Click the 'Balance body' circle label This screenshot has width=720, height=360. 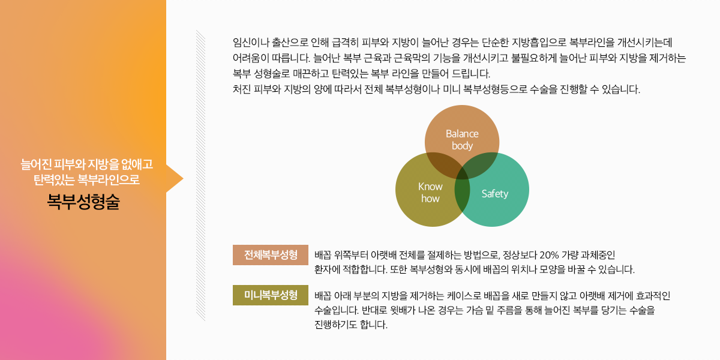pyautogui.click(x=462, y=139)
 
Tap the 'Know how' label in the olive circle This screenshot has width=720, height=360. pyautogui.click(x=430, y=193)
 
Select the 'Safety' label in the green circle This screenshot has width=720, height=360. pyautogui.click(x=494, y=193)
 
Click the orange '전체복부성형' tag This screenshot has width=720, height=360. pyautogui.click(x=271, y=255)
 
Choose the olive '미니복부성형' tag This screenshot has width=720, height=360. pyautogui.click(x=271, y=295)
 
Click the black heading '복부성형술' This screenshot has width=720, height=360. pyautogui.click(x=83, y=202)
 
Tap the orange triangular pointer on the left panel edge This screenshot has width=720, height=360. pyautogui.click(x=175, y=179)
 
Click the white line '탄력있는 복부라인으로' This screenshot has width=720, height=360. pyautogui.click(x=87, y=179)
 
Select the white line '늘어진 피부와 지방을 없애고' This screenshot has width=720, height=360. pyautogui.click(x=87, y=164)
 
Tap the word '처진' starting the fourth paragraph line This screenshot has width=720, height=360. pyautogui.click(x=241, y=89)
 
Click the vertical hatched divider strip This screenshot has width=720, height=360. pyautogui.click(x=200, y=175)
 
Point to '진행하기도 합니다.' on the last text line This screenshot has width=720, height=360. pyautogui.click(x=351, y=325)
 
